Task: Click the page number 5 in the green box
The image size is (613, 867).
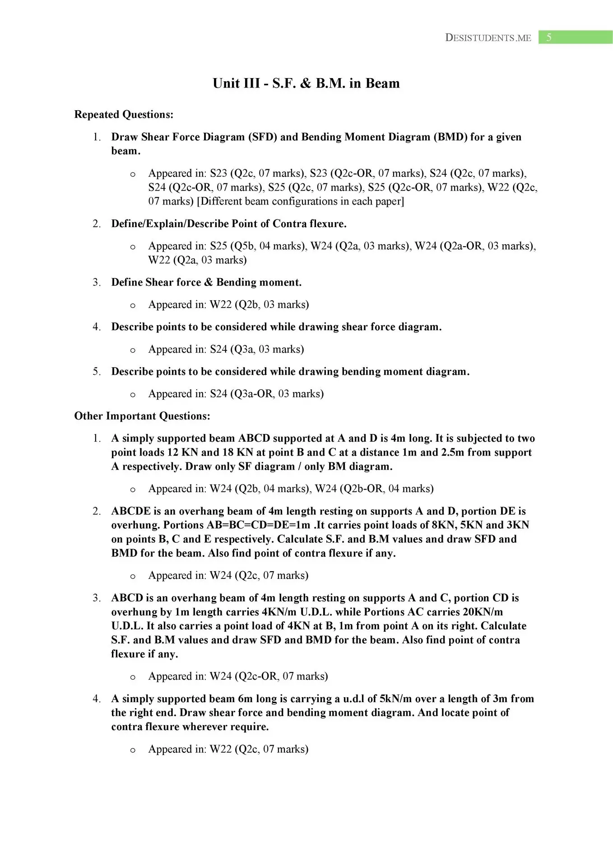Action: point(548,37)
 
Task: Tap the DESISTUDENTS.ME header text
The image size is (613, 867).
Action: point(488,38)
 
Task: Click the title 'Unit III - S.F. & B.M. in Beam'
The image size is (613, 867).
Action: point(306,84)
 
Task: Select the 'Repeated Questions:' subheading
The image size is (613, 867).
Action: point(124,115)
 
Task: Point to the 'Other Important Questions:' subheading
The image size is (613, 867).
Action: point(142,416)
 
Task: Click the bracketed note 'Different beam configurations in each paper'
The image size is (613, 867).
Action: point(300,201)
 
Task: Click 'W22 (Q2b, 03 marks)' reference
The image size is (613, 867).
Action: point(259,305)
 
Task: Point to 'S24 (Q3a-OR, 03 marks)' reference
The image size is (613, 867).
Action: point(267,394)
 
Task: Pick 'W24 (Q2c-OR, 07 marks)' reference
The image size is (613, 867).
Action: point(269,676)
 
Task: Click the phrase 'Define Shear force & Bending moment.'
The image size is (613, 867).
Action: point(206,283)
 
